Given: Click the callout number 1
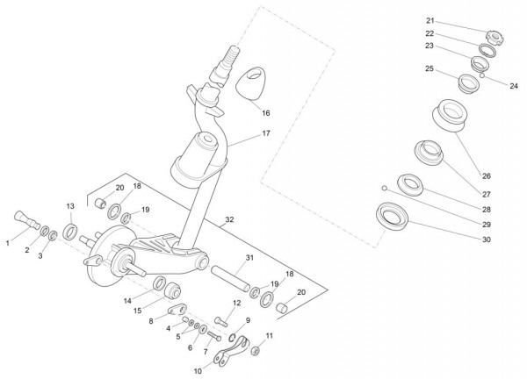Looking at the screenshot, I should click(x=9, y=241).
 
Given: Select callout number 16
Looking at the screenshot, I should click(x=266, y=112).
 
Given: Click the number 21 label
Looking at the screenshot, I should click(x=455, y=20).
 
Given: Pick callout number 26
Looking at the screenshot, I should click(x=487, y=175).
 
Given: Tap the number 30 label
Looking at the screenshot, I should click(x=487, y=240).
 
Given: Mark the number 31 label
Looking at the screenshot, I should click(x=249, y=257).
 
